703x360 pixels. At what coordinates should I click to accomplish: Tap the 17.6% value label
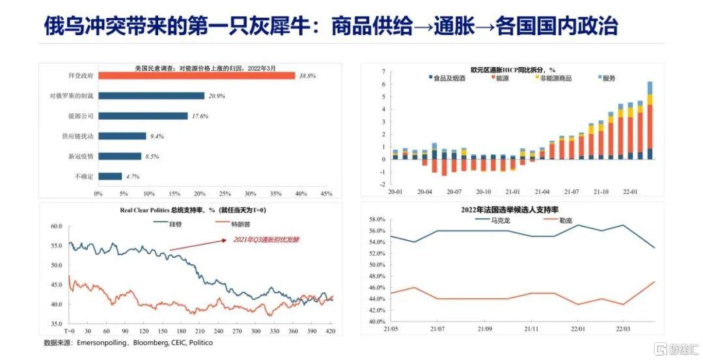pyautogui.click(x=199, y=117)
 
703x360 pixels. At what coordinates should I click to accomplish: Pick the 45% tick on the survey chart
pyautogui.click(x=326, y=193)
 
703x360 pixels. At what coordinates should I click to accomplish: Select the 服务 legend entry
pyautogui.click(x=608, y=78)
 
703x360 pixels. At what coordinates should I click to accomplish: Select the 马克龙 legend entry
pyautogui.click(x=499, y=220)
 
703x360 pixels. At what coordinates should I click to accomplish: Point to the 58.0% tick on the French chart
pyautogui.click(x=378, y=219)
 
